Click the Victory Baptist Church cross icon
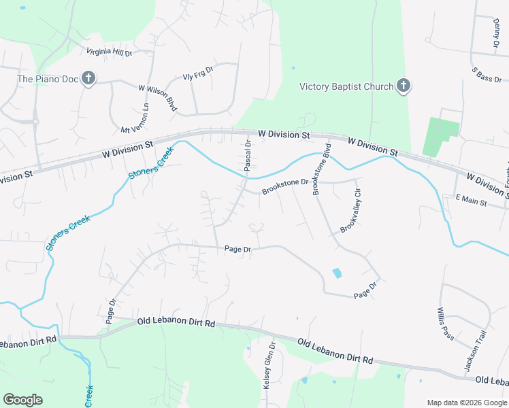(x=404, y=86)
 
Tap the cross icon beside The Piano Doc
(x=88, y=79)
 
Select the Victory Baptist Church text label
(x=347, y=86)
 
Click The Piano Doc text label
(x=48, y=79)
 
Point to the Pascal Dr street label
(x=248, y=154)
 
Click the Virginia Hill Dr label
(x=109, y=52)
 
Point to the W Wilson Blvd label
(x=158, y=97)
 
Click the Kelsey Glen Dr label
(x=267, y=365)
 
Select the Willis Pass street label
(x=445, y=323)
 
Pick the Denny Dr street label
(x=496, y=33)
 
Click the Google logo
(x=22, y=400)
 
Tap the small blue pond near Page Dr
(x=336, y=273)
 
